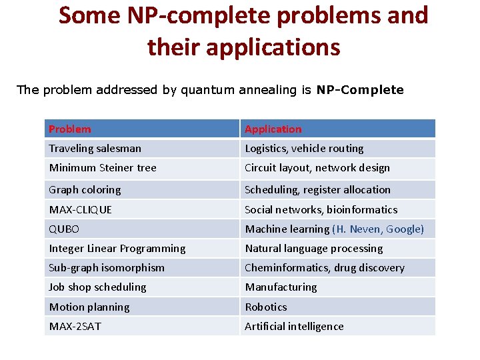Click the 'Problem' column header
[x=70, y=129]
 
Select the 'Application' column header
[x=273, y=129]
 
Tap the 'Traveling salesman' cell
[x=95, y=148]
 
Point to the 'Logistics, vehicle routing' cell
[x=304, y=148]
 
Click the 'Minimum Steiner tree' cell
[x=102, y=168]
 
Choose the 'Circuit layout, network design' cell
[x=317, y=168]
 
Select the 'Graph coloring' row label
[x=85, y=190]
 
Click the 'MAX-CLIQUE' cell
[x=80, y=209]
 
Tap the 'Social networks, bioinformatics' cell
[x=321, y=209]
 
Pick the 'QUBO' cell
[x=64, y=229]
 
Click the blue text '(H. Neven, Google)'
[x=378, y=229]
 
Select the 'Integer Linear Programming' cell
[x=117, y=249]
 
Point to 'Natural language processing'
[x=314, y=249]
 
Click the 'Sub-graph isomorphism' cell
[x=107, y=268]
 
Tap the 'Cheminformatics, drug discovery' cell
[x=325, y=268]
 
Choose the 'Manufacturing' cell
[x=281, y=287]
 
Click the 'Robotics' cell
[x=266, y=307]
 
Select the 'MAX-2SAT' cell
[x=75, y=327]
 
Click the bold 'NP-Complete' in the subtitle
[x=360, y=89]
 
